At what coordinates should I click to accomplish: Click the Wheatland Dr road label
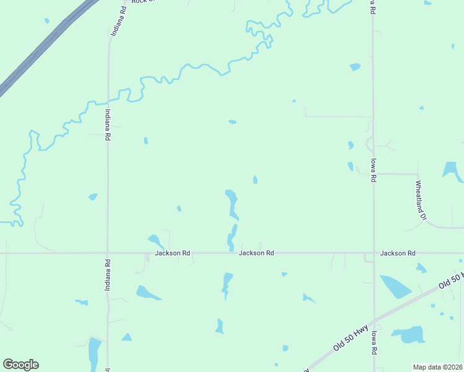(x=421, y=200)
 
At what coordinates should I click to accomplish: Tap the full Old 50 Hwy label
(x=351, y=337)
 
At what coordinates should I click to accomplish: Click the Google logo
(x=20, y=365)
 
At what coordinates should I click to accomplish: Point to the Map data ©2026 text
(x=438, y=367)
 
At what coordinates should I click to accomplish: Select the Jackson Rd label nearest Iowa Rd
(x=398, y=253)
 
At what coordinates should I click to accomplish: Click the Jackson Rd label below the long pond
(x=257, y=253)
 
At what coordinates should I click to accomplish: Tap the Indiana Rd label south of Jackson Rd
(x=107, y=273)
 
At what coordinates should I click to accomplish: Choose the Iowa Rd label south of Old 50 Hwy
(x=374, y=342)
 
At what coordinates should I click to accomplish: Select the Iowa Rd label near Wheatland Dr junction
(x=373, y=169)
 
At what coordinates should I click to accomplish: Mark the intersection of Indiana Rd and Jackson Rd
(x=107, y=253)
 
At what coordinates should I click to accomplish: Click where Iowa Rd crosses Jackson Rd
(x=373, y=253)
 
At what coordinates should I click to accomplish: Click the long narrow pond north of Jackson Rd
(x=232, y=205)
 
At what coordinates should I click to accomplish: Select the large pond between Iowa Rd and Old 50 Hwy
(x=395, y=286)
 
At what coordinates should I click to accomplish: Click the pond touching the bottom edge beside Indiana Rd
(x=94, y=353)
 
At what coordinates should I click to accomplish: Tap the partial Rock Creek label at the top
(x=143, y=2)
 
